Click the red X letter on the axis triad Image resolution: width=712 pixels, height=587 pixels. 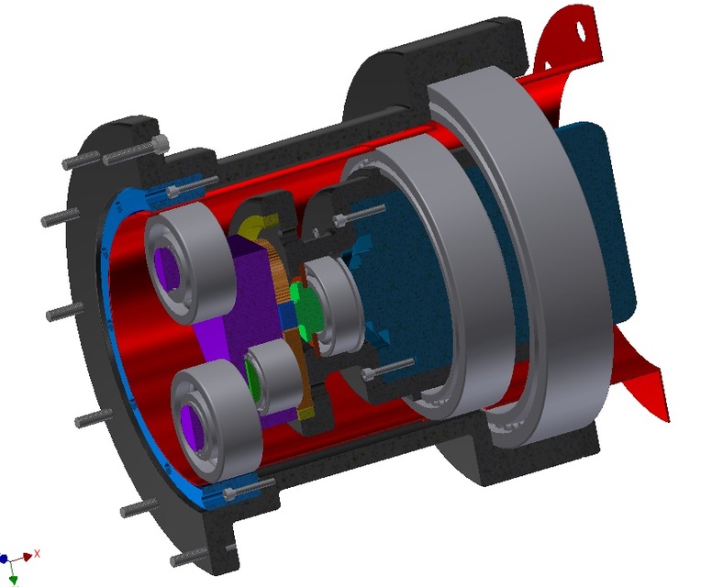click(37, 554)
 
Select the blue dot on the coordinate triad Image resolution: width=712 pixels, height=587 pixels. click(5, 558)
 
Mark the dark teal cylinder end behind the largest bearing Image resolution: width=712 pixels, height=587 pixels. click(606, 220)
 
